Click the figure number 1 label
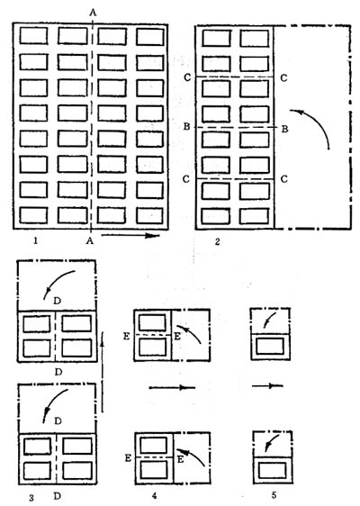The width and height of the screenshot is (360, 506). tap(36, 240)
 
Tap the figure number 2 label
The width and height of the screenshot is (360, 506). tap(218, 241)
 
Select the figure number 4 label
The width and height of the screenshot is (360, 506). tap(154, 494)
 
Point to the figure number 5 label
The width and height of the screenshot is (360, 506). tap(274, 494)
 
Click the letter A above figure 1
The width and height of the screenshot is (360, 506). tap(93, 13)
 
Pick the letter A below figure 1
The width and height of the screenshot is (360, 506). tap(89, 240)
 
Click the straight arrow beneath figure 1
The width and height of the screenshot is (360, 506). tap(130, 236)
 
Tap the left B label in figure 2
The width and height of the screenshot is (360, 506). tap(186, 127)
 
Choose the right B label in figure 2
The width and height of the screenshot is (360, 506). tap(284, 129)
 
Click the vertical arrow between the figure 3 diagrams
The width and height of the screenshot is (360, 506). tap(103, 371)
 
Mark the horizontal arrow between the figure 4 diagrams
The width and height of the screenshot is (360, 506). tap(172, 387)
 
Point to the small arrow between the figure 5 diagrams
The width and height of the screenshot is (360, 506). tap(267, 385)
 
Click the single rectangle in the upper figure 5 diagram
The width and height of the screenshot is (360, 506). tap(270, 346)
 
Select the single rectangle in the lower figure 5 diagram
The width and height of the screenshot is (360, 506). tap(273, 471)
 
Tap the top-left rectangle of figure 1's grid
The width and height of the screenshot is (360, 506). tap(33, 35)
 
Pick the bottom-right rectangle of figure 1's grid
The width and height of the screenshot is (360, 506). tap(149, 215)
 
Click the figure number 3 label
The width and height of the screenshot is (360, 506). tap(31, 498)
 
